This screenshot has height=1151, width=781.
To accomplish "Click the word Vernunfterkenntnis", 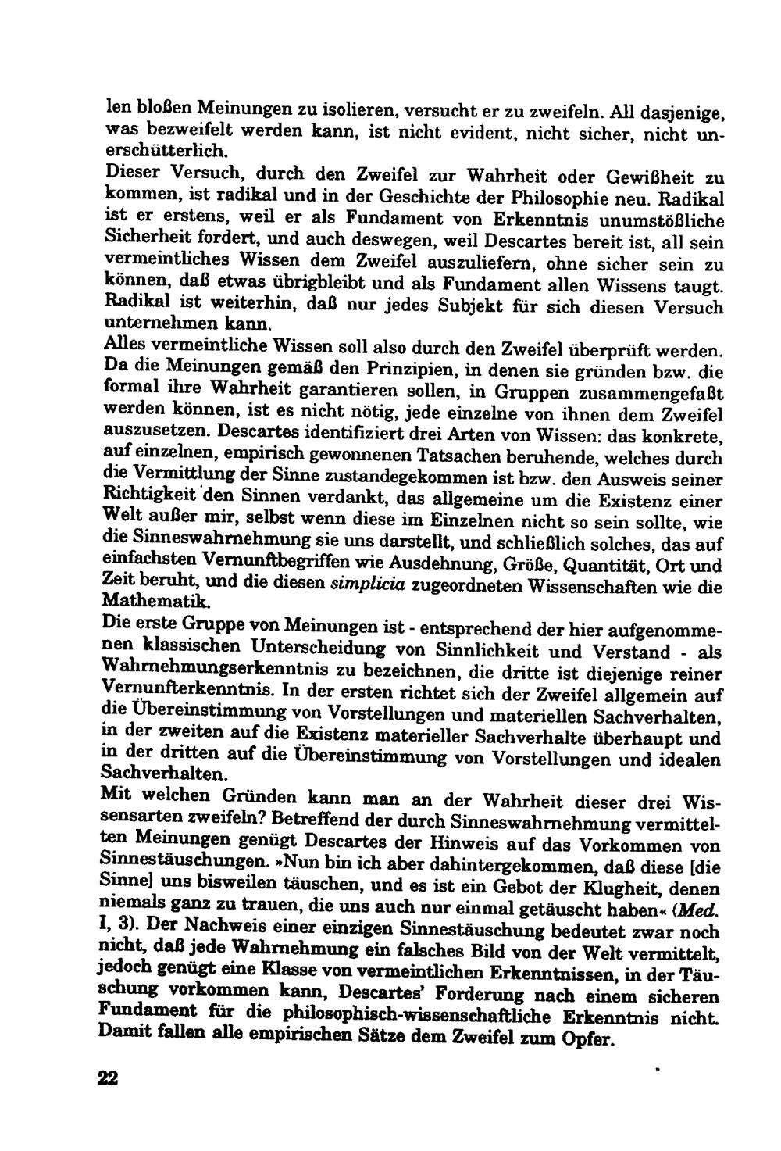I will [x=188, y=690].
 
